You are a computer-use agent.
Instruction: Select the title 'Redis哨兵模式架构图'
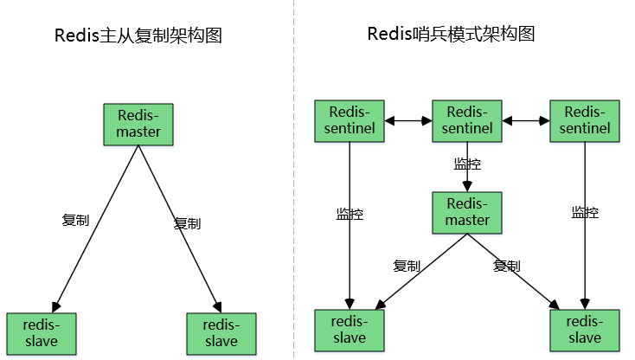tap(451, 34)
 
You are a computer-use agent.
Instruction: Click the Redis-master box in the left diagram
tap(138, 125)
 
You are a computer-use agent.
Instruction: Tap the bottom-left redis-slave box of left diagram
tap(41, 332)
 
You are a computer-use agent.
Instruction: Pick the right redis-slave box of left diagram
tap(221, 332)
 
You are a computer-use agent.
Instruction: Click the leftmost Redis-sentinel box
tap(350, 120)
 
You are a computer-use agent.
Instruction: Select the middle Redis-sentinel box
tap(467, 120)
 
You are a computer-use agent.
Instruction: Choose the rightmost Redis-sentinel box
tap(585, 120)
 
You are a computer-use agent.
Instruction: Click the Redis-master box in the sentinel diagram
tap(467, 212)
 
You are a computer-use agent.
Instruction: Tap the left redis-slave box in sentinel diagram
tap(349, 329)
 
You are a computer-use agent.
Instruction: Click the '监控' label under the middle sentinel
tap(467, 163)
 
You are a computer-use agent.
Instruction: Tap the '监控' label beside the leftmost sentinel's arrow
tap(350, 212)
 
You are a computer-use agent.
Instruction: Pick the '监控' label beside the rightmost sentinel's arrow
tap(585, 212)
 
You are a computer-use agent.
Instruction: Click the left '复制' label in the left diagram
tap(76, 220)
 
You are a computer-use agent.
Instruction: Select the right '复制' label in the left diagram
tap(187, 223)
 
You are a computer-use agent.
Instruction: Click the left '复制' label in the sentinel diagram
tap(407, 266)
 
